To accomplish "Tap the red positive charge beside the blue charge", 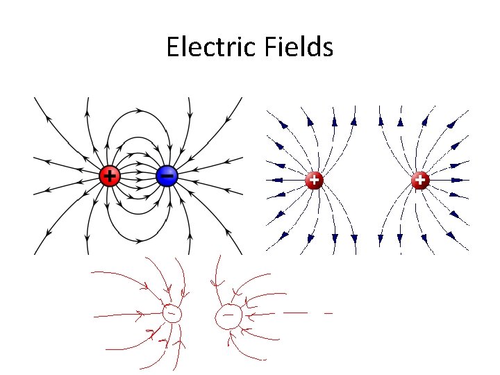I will [x=109, y=176].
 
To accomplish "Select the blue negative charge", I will [x=167, y=176].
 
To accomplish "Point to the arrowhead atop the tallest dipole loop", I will [x=139, y=110].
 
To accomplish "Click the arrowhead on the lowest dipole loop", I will [x=139, y=241].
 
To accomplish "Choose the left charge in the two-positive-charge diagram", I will [x=314, y=180].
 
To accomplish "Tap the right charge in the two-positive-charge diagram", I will [x=419, y=180].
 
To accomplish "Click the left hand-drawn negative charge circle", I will [x=171, y=314].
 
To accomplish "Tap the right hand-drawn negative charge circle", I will [x=228, y=316].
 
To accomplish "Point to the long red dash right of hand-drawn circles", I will [x=295, y=313].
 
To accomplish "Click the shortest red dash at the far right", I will [x=328, y=313].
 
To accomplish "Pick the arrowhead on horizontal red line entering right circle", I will [x=251, y=315].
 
